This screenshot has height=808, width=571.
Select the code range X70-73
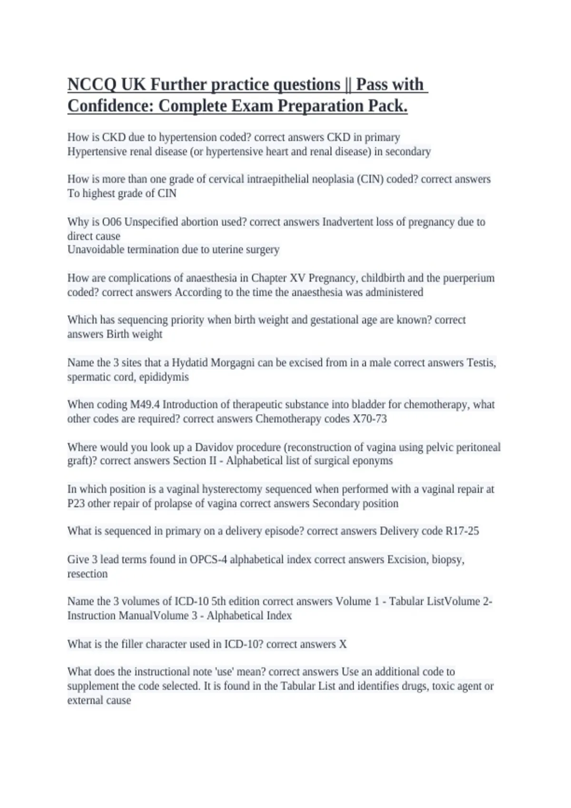coord(370,419)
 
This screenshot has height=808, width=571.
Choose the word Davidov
coord(214,447)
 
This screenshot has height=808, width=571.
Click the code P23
coord(76,503)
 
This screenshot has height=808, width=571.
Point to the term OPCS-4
coord(207,559)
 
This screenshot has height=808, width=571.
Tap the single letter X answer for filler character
coord(343,644)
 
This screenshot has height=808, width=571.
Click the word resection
coord(87,574)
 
